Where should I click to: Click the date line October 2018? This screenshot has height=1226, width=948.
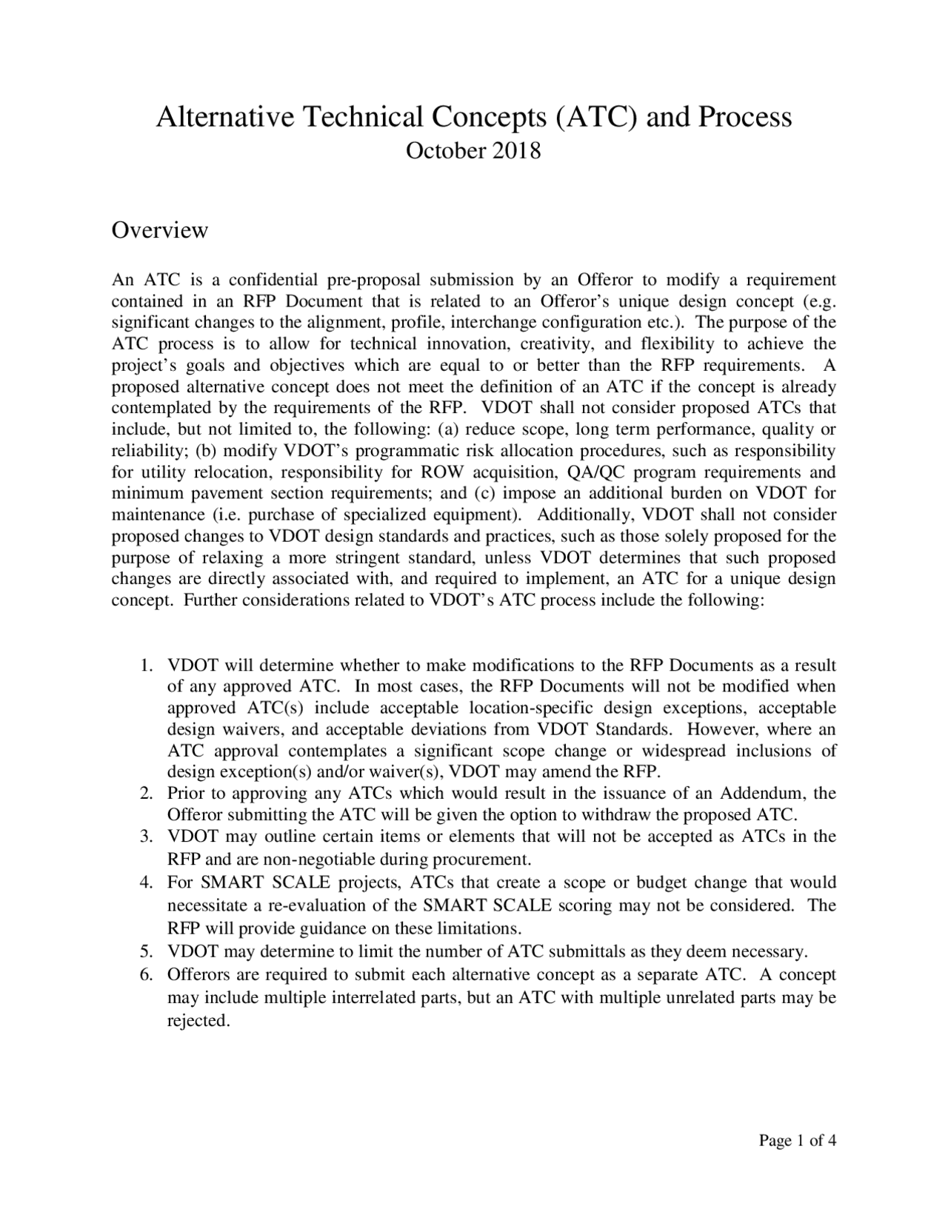click(x=474, y=151)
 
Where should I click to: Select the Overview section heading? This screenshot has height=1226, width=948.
click(x=159, y=230)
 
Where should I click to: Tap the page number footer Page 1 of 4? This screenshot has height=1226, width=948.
click(x=798, y=1140)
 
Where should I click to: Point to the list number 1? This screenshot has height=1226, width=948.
click(x=147, y=665)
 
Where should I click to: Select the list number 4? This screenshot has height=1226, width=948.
click(x=147, y=882)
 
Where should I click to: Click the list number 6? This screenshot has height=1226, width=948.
click(x=147, y=974)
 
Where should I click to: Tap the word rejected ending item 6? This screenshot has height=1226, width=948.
click(x=198, y=1021)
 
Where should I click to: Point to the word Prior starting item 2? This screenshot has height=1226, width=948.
click(x=185, y=794)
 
